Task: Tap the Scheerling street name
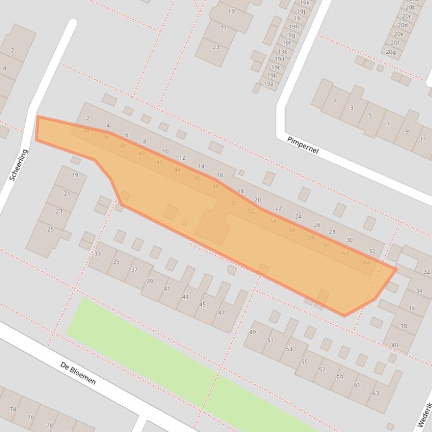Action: pyautogui.click(x=19, y=164)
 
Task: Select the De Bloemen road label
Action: pyautogui.click(x=78, y=373)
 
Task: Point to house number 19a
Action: pyautogui.click(x=269, y=84)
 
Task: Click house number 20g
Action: pyautogui.click(x=390, y=52)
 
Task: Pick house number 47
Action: pyautogui.click(x=221, y=312)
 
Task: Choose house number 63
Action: pyautogui.click(x=375, y=393)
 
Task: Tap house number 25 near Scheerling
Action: pyautogui.click(x=50, y=229)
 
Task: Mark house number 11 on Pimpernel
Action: pyautogui.click(x=422, y=139)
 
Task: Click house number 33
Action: pyautogui.click(x=98, y=254)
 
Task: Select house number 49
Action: pyautogui.click(x=252, y=332)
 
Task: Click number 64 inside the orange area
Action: pyautogui.click(x=366, y=262)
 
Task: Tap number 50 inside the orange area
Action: pyautogui.click(x=234, y=203)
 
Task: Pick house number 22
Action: pyautogui.click(x=278, y=208)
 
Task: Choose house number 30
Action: pyautogui.click(x=349, y=240)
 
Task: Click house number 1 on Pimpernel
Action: pyautogui.click(x=335, y=101)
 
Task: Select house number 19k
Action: pyautogui.click(x=305, y=3)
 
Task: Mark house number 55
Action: pyautogui.click(x=305, y=361)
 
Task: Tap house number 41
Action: pyautogui.click(x=167, y=289)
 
